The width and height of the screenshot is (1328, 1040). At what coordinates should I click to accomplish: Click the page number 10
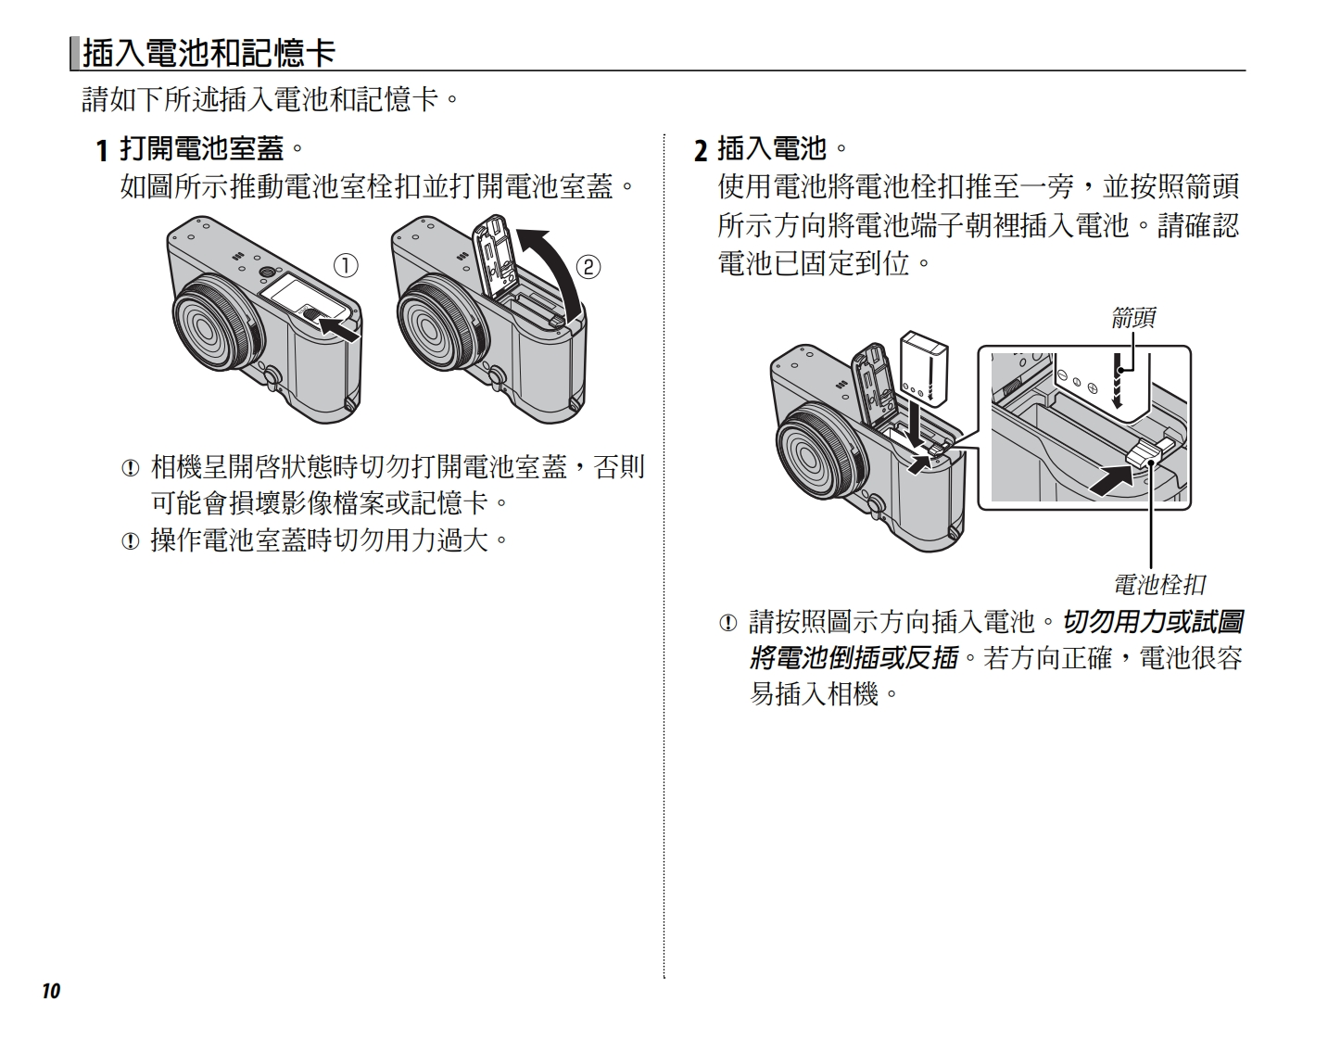point(50,991)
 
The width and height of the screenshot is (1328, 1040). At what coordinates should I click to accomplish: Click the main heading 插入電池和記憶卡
point(209,53)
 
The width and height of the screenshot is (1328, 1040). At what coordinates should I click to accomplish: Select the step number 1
point(103,150)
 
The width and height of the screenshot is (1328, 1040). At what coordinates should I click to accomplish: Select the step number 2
point(701,150)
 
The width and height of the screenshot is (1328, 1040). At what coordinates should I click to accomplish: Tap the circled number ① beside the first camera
point(346,266)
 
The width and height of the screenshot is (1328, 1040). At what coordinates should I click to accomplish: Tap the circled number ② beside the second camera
point(588,268)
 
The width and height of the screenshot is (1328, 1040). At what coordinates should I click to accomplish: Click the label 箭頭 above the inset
point(1132,318)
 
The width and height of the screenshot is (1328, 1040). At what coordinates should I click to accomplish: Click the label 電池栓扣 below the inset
point(1158,585)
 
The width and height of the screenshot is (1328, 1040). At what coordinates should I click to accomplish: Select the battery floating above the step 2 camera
point(924,369)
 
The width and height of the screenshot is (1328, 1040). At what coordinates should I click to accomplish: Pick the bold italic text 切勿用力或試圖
point(1152,621)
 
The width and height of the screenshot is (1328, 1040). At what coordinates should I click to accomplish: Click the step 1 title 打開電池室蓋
point(202,148)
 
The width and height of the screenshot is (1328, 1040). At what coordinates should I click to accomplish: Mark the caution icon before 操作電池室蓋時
point(130,540)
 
